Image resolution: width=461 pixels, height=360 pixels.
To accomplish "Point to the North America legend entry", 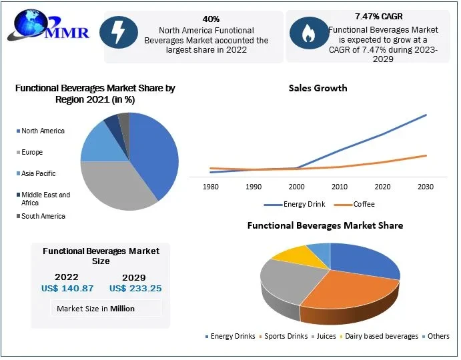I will (x=43, y=131).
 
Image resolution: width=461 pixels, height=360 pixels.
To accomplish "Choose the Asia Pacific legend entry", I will (x=38, y=173).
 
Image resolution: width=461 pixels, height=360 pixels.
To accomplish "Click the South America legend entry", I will (x=43, y=216).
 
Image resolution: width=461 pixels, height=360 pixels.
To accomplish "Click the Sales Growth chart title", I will (x=318, y=88).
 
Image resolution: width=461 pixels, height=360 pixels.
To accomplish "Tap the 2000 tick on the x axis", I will (x=296, y=187).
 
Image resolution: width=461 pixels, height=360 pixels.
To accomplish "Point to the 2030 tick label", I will (x=426, y=187).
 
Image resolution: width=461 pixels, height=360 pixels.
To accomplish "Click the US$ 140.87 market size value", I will (x=67, y=289).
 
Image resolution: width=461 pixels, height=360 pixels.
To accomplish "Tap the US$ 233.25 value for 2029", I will (x=135, y=289).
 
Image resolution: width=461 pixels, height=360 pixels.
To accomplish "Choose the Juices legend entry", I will (x=325, y=336).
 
